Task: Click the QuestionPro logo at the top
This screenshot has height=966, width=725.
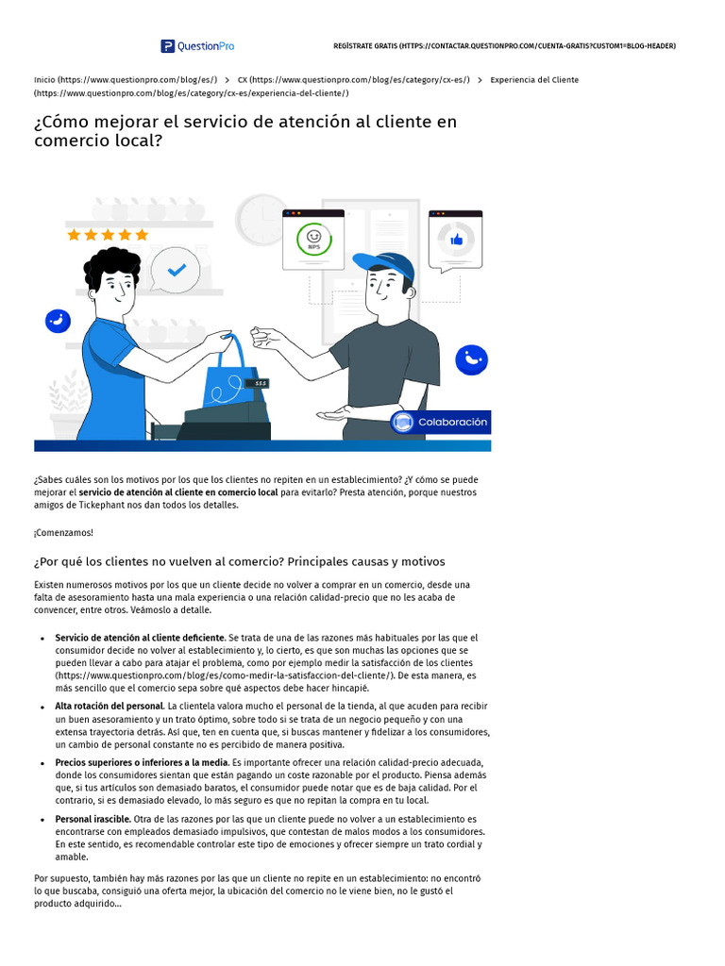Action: coord(197,45)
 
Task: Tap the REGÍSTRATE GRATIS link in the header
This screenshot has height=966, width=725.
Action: coord(504,46)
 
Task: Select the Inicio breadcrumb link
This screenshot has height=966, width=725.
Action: coord(126,80)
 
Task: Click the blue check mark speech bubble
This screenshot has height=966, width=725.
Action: coord(176,270)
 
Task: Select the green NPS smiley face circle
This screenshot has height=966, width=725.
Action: coord(313,239)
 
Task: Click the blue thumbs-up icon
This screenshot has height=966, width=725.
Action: coord(457,240)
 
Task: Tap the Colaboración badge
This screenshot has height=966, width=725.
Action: coord(441,423)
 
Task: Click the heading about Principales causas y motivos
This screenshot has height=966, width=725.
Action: coord(239,561)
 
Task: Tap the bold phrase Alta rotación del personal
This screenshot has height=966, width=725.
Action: coord(110,706)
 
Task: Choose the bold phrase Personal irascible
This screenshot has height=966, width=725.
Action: coord(92,819)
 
